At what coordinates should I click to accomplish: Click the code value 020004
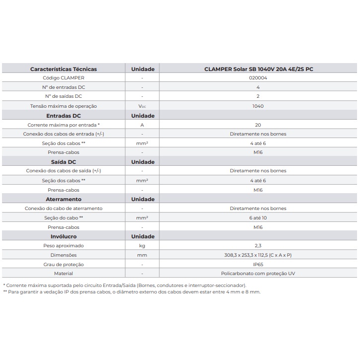[258, 78]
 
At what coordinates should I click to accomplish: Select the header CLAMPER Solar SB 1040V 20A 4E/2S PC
[258, 69]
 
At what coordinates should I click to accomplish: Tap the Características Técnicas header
[64, 69]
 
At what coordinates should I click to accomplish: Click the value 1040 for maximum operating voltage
[258, 106]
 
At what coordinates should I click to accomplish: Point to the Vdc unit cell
[143, 106]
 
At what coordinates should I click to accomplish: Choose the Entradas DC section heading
[64, 115]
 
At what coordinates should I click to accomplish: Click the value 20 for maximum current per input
[258, 125]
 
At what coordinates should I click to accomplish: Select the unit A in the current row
[143, 125]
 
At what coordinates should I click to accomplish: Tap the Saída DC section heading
[64, 162]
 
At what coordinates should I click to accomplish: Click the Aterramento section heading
[64, 199]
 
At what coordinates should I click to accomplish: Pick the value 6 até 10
[258, 217]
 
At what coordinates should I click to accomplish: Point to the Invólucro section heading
[64, 236]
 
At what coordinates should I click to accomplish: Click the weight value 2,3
[258, 246]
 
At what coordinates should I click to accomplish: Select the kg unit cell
[143, 246]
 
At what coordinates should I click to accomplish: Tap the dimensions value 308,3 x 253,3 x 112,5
[258, 255]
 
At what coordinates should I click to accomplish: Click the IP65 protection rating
[258, 264]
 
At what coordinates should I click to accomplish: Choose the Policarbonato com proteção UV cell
[258, 274]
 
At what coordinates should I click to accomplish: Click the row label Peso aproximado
[64, 246]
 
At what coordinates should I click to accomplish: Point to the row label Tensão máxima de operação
[64, 106]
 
